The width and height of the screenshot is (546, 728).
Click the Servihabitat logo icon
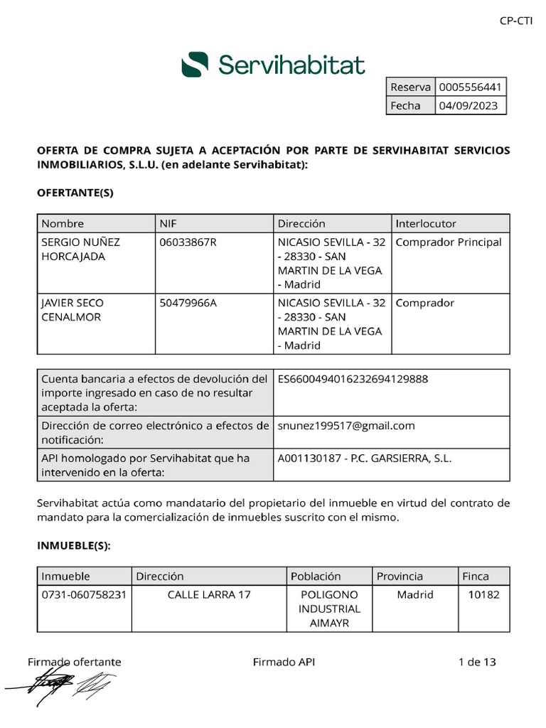point(195,64)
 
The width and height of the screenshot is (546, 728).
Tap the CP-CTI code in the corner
point(515,21)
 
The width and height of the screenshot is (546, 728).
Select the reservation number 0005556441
point(471,87)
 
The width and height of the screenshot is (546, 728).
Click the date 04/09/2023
point(468,106)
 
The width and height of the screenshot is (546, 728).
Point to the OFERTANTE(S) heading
point(75,193)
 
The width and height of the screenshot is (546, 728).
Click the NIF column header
point(168,223)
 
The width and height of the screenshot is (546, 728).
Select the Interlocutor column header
point(426,223)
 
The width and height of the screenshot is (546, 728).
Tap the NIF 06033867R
point(188,242)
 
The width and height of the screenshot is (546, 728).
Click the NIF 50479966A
point(188,303)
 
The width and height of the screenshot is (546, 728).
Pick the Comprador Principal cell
point(448,242)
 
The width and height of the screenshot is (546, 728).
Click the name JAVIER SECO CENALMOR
point(72,310)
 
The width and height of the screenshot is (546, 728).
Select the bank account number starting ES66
point(353,379)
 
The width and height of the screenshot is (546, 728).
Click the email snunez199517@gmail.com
point(346,426)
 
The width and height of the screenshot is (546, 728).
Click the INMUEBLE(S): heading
point(74,546)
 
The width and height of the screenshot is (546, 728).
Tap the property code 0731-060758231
point(84,594)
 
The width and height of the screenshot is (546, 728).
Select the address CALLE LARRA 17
point(209,594)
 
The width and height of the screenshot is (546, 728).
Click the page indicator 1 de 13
point(477,662)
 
